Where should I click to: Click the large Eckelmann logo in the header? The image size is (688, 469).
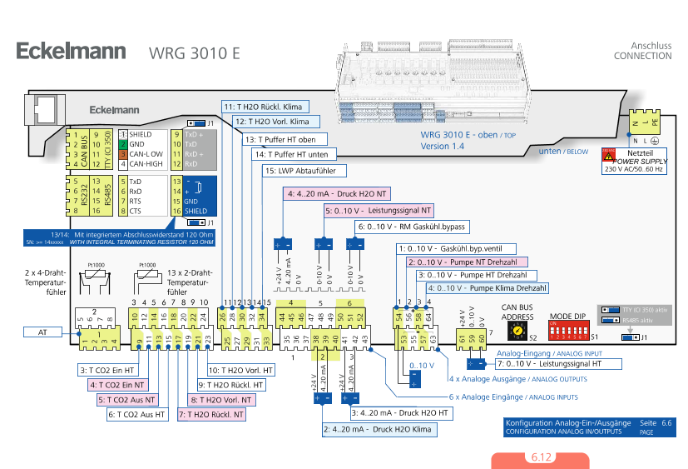72,51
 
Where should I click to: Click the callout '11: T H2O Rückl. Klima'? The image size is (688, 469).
265,107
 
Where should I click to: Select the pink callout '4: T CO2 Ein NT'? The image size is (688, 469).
116,385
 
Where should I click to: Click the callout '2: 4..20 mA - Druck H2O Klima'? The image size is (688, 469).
379,430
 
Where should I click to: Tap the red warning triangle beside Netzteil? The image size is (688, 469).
608,155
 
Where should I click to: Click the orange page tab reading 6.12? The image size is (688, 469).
540,458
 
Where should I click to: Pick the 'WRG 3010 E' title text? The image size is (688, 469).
195,52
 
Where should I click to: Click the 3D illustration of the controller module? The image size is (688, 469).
437,83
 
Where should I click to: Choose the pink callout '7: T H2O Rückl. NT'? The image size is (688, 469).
212,414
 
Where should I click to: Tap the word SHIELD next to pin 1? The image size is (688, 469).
140,133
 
